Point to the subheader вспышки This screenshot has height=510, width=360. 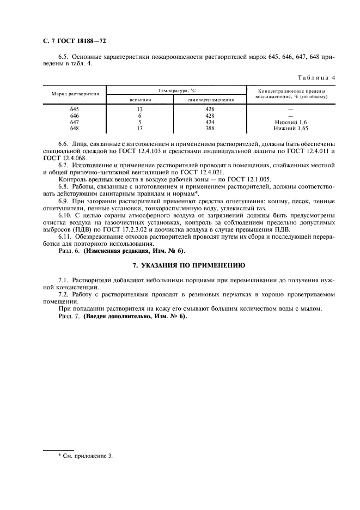tap(139, 100)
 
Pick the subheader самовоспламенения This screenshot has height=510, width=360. tap(211, 100)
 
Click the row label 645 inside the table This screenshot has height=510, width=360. tap(75, 110)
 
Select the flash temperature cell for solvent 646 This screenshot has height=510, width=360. tap(139, 116)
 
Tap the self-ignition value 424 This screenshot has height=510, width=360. tap(211, 122)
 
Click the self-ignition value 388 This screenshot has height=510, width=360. tap(211, 129)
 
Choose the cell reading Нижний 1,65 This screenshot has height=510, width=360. tap(291, 129)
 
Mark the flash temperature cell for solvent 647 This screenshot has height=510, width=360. tap(139, 122)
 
